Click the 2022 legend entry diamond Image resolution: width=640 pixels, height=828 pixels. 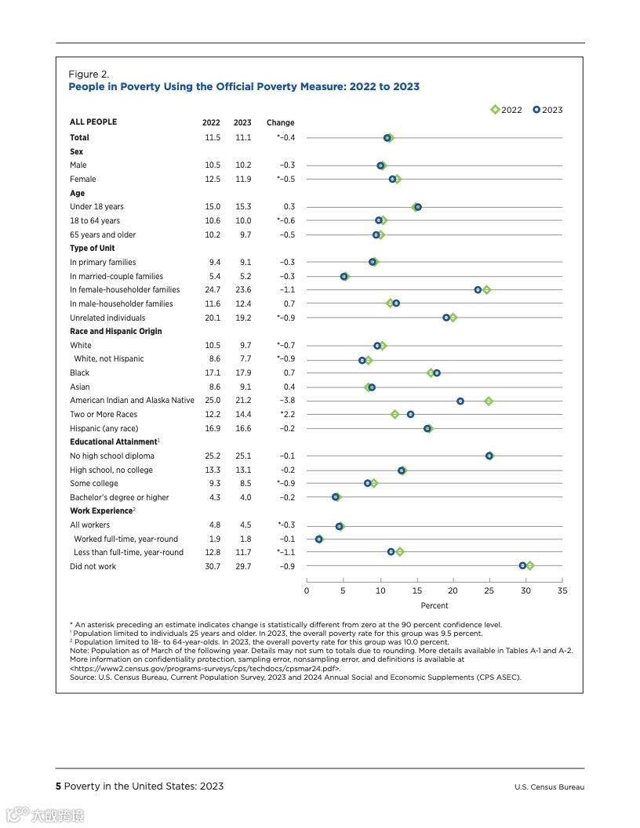(x=495, y=110)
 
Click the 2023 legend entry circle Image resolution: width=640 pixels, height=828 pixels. (x=536, y=110)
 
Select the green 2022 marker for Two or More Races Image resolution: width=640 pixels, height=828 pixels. (x=395, y=414)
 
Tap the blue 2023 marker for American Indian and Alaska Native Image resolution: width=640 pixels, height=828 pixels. (x=460, y=401)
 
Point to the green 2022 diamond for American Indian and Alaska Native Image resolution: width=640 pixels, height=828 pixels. (x=489, y=401)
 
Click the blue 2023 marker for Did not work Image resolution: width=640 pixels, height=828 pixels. (x=523, y=565)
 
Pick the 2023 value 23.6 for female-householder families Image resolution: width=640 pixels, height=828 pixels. (x=242, y=290)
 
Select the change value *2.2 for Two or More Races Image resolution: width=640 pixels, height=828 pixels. (x=287, y=414)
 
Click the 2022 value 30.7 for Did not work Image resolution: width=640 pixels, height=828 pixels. (x=212, y=566)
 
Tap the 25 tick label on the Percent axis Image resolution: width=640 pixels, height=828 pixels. (x=489, y=590)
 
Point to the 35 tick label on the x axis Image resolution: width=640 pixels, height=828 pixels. (x=562, y=590)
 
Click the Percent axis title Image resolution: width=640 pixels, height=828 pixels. (x=435, y=605)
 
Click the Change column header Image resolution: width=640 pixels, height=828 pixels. (x=280, y=122)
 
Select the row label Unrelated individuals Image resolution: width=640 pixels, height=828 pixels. (x=107, y=318)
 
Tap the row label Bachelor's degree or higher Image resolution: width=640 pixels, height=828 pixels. (x=119, y=497)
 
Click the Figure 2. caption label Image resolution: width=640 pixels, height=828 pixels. (x=89, y=74)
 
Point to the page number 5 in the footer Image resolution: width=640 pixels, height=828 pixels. (x=58, y=786)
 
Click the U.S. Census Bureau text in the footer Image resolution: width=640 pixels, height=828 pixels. (x=549, y=787)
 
